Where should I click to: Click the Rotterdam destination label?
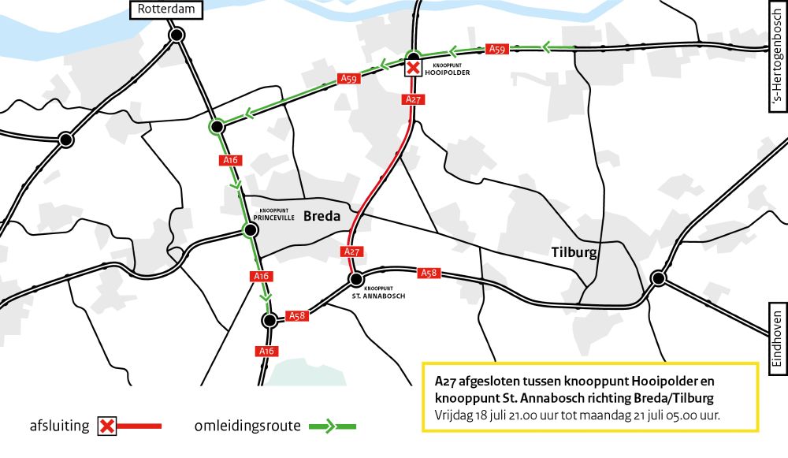[x=165, y=9]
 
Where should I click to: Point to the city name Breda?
[x=322, y=216]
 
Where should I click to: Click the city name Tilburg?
[x=573, y=252]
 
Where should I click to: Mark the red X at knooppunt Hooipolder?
[x=413, y=69]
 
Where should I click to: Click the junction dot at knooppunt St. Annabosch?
[x=356, y=279]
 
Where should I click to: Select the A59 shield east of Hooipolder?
[x=496, y=49]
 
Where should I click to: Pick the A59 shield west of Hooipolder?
[x=349, y=78]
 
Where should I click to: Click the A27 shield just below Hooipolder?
[x=412, y=99]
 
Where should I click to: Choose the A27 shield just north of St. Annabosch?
[x=352, y=251]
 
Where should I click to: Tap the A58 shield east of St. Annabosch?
[x=429, y=273]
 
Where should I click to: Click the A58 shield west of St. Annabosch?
[x=297, y=315]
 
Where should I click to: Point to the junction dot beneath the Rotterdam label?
[x=177, y=35]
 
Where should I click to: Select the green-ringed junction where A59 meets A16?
[x=216, y=126]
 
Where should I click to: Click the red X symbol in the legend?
[x=108, y=426]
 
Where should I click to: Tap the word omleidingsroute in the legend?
[x=247, y=426]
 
